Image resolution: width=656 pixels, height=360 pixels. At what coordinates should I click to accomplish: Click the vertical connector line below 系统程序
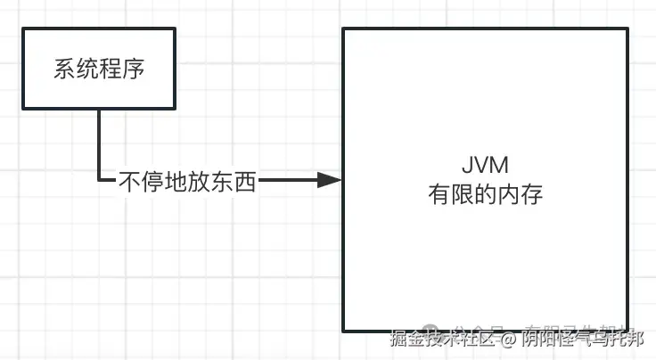99,143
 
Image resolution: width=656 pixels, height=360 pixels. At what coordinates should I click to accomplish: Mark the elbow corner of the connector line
99,180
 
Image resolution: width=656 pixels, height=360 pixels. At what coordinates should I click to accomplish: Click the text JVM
485,169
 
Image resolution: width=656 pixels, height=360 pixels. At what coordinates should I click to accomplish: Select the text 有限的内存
485,195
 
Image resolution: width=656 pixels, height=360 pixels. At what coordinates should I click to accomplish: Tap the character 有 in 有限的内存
439,195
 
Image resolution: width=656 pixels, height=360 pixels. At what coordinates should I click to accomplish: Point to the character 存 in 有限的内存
531,195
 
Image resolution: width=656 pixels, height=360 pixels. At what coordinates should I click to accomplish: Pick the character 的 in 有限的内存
485,195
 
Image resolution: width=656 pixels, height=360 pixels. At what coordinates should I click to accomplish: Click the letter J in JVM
468,169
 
